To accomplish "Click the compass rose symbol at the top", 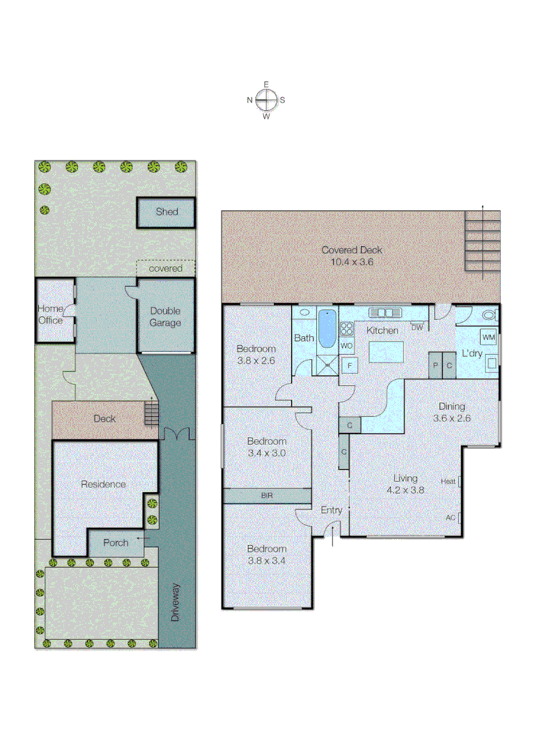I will pos(266,100).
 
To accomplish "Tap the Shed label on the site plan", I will pos(167,212).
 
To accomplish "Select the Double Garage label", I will pos(165,317).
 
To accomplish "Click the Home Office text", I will pos(50,314).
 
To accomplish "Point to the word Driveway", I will pos(175,602).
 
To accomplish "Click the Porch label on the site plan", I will pos(116,542).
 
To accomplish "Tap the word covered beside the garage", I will pos(166,268).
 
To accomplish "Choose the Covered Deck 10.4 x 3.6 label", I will pos(352,256).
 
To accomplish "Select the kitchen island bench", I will pos(387,351).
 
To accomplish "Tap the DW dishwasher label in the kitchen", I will pos(417,328).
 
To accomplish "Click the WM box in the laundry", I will pos(488,338).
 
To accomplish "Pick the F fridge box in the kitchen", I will pos(348,365).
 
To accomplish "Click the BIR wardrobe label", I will pos(267,496).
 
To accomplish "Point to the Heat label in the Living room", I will pos(449,481).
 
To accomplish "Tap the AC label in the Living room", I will pos(451,518).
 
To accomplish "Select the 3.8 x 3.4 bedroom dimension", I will pos(267,560).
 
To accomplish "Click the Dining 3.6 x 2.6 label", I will pos(451,413).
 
